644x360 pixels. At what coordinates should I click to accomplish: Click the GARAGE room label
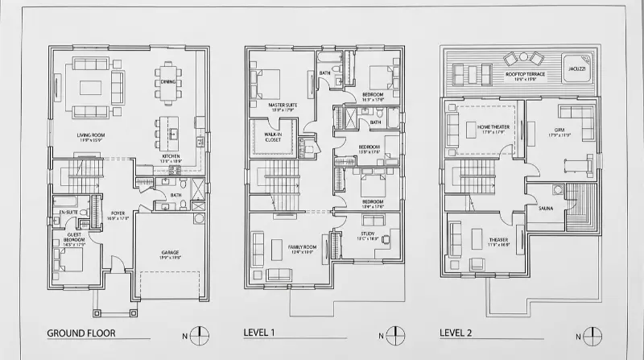pos(169,252)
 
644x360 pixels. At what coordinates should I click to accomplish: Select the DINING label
pos(167,81)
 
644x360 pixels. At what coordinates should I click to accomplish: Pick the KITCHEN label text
pos(170,155)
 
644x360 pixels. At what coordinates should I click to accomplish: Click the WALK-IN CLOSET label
pos(273,138)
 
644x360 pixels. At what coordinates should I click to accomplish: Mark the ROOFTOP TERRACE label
pos(525,74)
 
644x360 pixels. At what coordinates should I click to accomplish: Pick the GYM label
pos(559,130)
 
